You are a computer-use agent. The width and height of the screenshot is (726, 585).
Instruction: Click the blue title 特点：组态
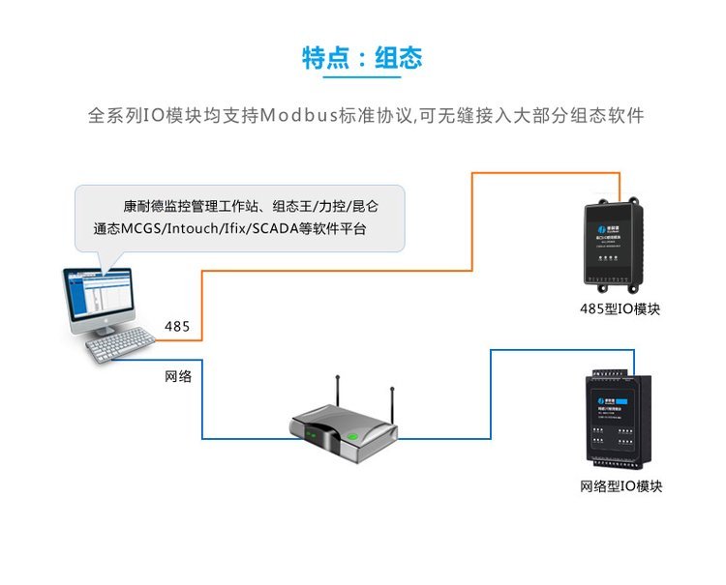(x=362, y=58)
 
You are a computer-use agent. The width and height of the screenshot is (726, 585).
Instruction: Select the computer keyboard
(x=120, y=347)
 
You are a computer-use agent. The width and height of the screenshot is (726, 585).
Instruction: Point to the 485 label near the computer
(x=177, y=326)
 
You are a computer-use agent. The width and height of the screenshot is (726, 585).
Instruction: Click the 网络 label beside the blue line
(x=178, y=376)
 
